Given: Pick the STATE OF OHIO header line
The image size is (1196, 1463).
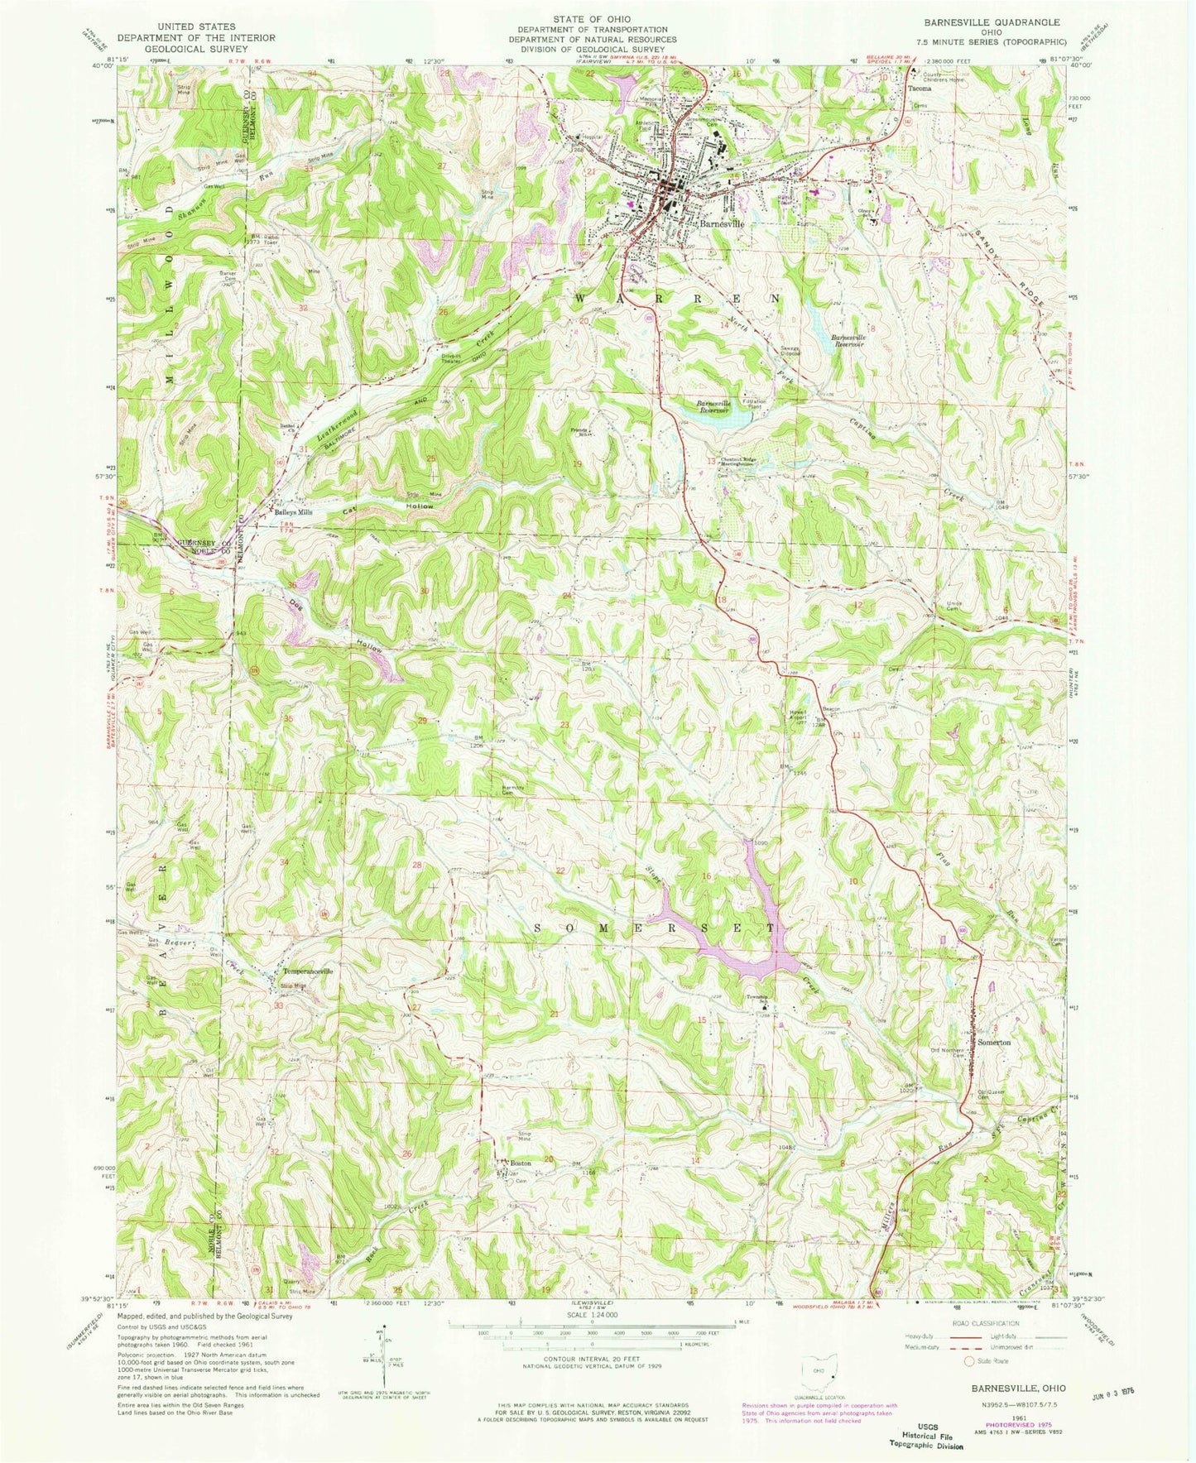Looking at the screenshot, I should pos(592,18).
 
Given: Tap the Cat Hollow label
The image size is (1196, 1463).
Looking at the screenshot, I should pos(389,509).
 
